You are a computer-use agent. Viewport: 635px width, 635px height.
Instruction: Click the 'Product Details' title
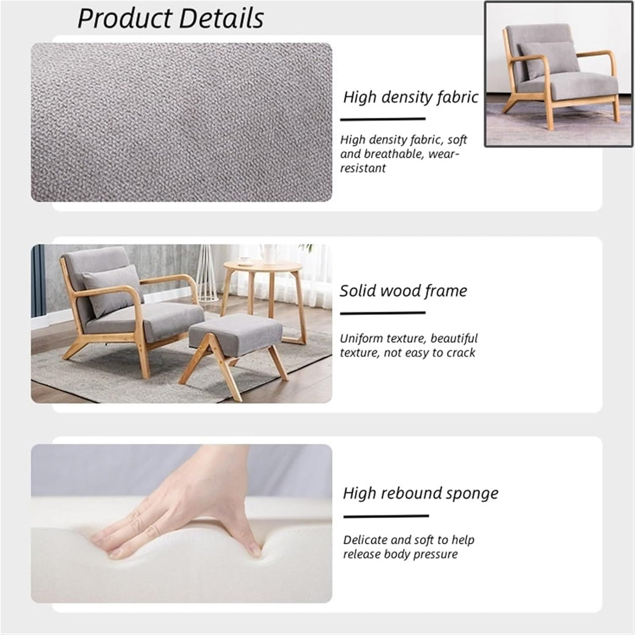tap(170, 18)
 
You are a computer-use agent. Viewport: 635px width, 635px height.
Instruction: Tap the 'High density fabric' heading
tap(410, 97)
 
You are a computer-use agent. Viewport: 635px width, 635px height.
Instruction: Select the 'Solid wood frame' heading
tap(403, 291)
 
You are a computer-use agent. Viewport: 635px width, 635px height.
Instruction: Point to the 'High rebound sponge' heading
tap(420, 493)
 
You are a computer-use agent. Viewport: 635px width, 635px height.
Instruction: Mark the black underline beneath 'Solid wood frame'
tap(382, 312)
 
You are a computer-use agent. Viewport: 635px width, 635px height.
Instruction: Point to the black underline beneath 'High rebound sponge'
tap(385, 516)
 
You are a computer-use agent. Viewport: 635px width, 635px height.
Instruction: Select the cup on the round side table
tap(244, 260)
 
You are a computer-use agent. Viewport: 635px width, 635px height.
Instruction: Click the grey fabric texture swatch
tap(181, 122)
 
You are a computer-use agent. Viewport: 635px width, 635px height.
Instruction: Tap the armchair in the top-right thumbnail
tap(559, 73)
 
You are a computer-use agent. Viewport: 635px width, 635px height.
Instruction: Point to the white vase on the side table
tap(270, 253)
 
